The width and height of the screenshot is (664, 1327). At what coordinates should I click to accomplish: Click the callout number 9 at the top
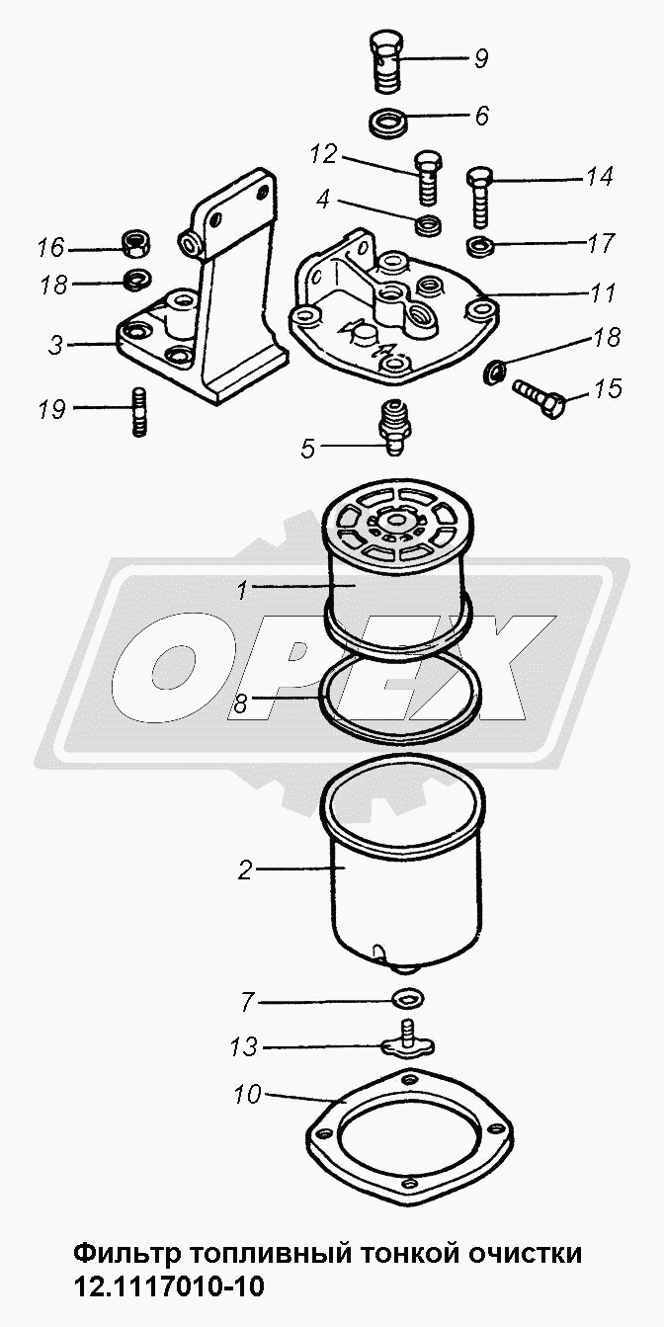[x=481, y=58]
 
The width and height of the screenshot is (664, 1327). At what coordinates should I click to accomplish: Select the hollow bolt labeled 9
[x=389, y=60]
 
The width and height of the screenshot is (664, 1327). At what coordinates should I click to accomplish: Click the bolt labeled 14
[x=480, y=198]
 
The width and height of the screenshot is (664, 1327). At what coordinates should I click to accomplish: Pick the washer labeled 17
[x=481, y=245]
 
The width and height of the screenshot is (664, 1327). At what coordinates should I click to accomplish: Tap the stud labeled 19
[x=138, y=412]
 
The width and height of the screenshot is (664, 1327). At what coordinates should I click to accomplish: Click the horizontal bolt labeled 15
[x=538, y=398]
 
